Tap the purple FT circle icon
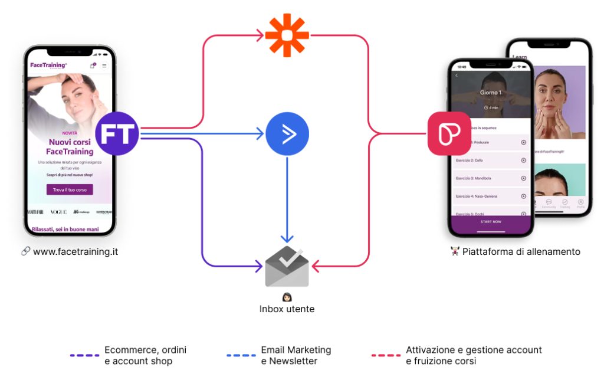tap(117, 133)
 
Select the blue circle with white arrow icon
tap(287, 134)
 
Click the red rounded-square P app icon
tap(449, 134)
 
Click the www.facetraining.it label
tap(75, 251)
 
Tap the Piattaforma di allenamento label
tap(521, 252)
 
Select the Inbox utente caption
tap(287, 309)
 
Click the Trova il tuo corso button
tap(70, 189)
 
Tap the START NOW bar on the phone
tap(491, 221)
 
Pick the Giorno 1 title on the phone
tap(491, 93)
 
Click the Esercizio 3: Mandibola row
tap(491, 178)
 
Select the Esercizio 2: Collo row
tap(491, 160)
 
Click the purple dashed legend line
tap(84, 356)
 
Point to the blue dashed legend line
tap(241, 356)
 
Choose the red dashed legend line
tap(386, 356)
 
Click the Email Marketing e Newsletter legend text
tap(296, 355)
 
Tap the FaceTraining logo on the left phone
tap(48, 65)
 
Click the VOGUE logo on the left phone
tap(58, 212)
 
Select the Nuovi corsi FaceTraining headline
tap(70, 147)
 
